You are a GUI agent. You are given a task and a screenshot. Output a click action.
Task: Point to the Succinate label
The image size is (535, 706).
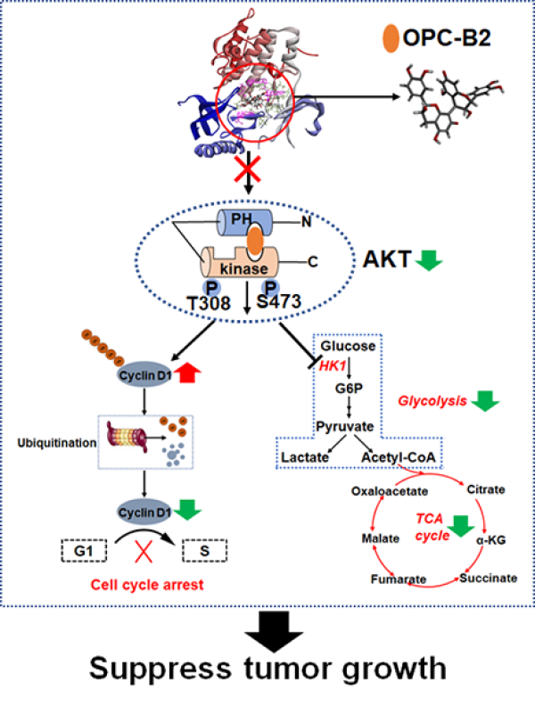(x=488, y=578)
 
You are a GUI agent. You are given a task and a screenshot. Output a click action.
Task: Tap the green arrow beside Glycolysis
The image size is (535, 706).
(x=484, y=402)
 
